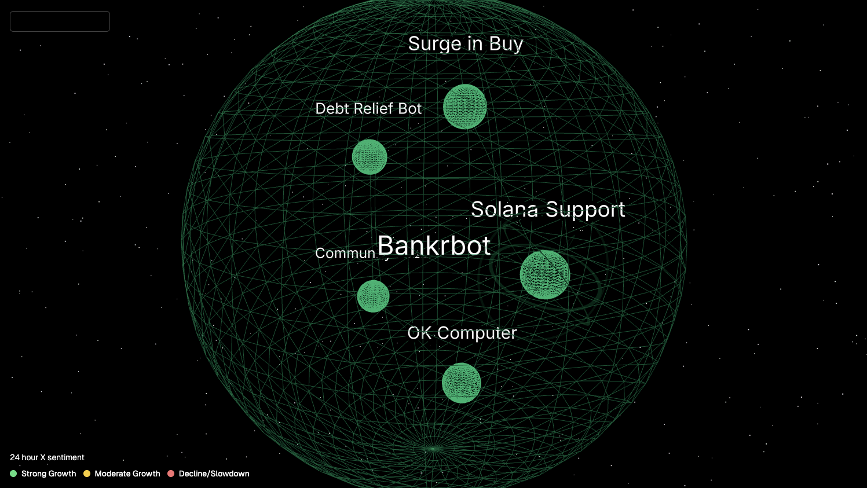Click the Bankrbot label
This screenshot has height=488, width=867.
coord(434,246)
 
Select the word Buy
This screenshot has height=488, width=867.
coord(506,44)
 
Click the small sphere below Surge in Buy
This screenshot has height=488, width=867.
coord(464,107)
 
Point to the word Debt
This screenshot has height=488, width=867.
coord(332,109)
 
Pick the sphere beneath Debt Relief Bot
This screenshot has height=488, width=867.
coord(370,157)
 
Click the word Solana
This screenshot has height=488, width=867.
coord(504,210)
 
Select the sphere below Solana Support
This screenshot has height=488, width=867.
coord(544,274)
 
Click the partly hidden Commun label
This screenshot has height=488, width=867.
coord(345,254)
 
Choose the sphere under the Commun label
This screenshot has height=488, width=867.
coord(373,296)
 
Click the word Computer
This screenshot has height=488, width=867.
coord(477,333)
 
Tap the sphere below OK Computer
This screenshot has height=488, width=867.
coord(461,383)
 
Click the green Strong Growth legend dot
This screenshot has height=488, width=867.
coord(13,474)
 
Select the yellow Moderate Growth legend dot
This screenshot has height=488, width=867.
coord(87,474)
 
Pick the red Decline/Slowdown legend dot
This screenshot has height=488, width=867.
coord(171,474)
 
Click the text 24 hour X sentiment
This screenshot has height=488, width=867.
coord(47,457)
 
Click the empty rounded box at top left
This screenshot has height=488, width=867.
coord(60,21)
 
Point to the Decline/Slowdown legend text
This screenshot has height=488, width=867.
coord(214,474)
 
